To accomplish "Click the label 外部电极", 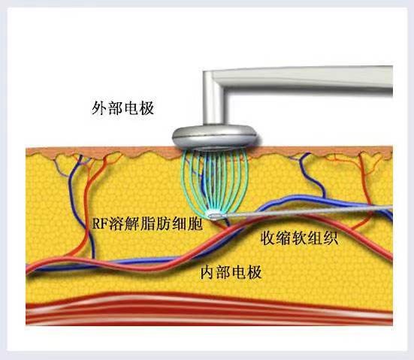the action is tap(122, 108).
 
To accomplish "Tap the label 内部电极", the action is tap(231, 272).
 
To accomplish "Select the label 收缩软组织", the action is tap(299, 238).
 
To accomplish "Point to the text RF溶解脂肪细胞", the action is tap(147, 224).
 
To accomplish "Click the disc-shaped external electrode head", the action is tap(215, 137).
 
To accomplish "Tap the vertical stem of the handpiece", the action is tap(213, 98).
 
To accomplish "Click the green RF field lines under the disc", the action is tap(214, 181).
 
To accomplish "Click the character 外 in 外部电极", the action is tap(99, 108).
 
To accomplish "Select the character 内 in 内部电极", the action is tap(208, 272).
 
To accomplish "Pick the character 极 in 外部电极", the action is tap(147, 108).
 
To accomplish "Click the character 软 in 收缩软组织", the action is tap(299, 238).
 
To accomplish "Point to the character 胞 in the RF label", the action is tap(195, 224).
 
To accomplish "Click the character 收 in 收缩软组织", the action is tap(268, 238).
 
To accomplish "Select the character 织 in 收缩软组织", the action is tap(331, 238).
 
